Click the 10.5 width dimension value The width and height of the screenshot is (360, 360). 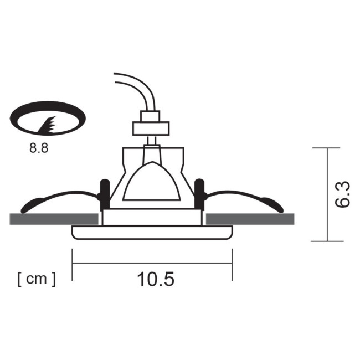click(x=156, y=280)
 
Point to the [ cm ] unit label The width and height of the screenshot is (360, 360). click(x=37, y=279)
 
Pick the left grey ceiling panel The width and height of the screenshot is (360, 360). click(x=54, y=219)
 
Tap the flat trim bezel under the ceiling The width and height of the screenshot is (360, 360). click(x=152, y=232)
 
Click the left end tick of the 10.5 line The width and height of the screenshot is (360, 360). click(x=73, y=263)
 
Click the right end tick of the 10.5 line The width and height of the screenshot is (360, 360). click(x=232, y=263)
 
